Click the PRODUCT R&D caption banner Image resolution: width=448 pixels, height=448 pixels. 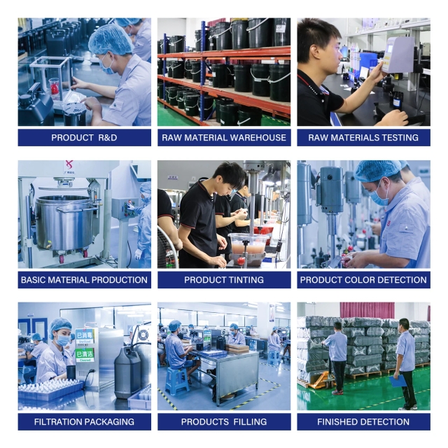84,137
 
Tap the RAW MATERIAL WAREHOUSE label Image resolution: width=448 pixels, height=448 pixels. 224,137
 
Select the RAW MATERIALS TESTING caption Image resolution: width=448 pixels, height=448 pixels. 363,137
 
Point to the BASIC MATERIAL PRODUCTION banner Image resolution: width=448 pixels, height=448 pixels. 84,279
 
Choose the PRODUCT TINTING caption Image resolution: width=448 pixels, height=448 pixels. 224,279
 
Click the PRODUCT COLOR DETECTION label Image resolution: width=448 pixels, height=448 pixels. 363,279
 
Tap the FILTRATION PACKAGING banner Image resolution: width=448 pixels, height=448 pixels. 84,421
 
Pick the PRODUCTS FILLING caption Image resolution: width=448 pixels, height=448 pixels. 224,421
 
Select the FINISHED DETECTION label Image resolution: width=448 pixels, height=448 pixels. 363,421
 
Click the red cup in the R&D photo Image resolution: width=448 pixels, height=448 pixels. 54,87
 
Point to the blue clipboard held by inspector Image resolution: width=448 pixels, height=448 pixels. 398,381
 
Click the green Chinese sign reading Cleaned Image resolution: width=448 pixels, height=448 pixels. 85,355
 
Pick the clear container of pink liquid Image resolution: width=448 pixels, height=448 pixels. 248,244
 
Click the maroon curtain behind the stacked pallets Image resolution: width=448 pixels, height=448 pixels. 367,310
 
